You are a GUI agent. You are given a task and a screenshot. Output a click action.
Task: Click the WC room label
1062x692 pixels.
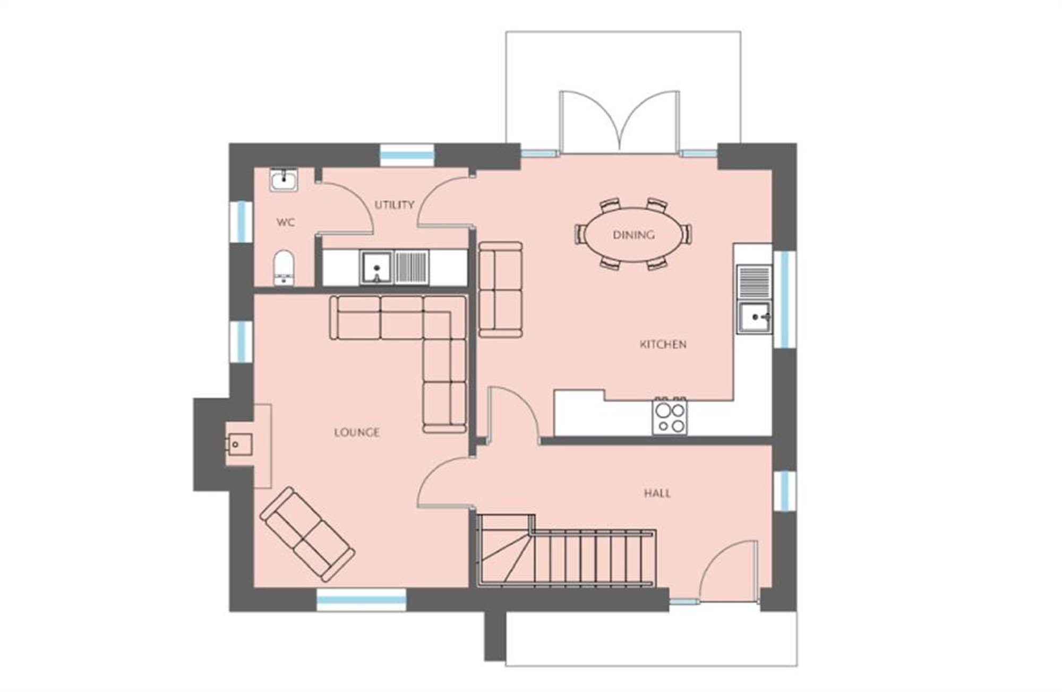tap(286, 222)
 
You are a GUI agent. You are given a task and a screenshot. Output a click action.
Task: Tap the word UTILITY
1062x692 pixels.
tap(394, 205)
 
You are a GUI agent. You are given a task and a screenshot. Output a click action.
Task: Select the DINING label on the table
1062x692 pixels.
tap(633, 235)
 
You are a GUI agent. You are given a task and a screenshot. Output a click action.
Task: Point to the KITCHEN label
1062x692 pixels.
tap(663, 344)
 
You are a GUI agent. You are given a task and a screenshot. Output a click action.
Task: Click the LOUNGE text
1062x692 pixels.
tap(357, 432)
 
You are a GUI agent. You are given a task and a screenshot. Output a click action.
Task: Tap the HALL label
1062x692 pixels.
tap(657, 493)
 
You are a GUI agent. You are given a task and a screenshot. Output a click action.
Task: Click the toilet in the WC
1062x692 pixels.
tap(284, 268)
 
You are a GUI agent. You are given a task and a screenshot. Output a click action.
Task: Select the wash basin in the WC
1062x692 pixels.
tap(284, 180)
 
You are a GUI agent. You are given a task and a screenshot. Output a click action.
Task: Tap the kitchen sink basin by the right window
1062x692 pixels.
tap(754, 317)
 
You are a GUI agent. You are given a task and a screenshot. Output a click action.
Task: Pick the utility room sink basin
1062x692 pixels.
tap(376, 268)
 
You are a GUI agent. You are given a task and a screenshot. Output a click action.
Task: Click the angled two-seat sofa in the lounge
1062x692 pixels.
tap(307, 534)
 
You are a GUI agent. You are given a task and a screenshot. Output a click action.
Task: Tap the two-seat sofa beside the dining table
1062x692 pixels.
tap(500, 290)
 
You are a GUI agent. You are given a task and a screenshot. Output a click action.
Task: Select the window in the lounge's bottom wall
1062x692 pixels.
tap(362, 600)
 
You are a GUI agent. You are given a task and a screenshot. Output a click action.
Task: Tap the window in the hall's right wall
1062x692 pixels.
tap(784, 491)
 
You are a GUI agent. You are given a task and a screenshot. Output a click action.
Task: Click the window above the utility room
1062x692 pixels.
tap(407, 156)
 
